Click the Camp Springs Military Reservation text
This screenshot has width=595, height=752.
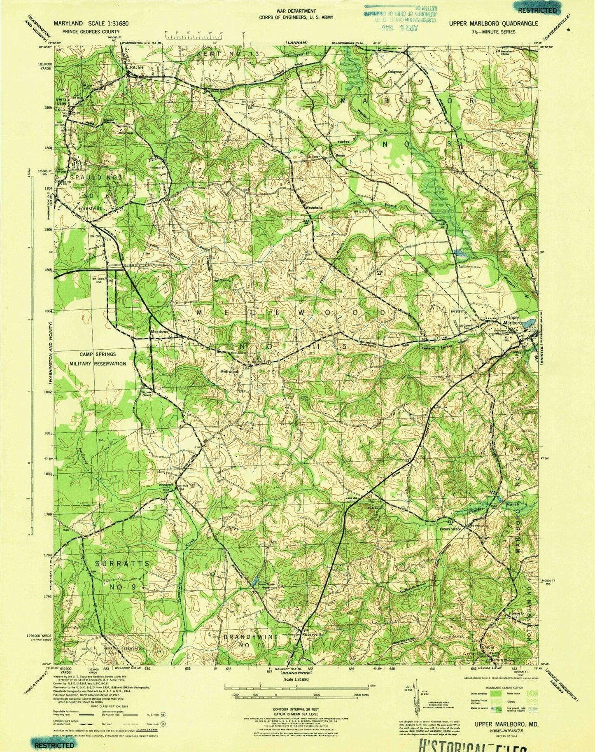pyautogui.click(x=98, y=359)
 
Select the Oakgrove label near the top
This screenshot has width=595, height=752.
pyautogui.click(x=394, y=71)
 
